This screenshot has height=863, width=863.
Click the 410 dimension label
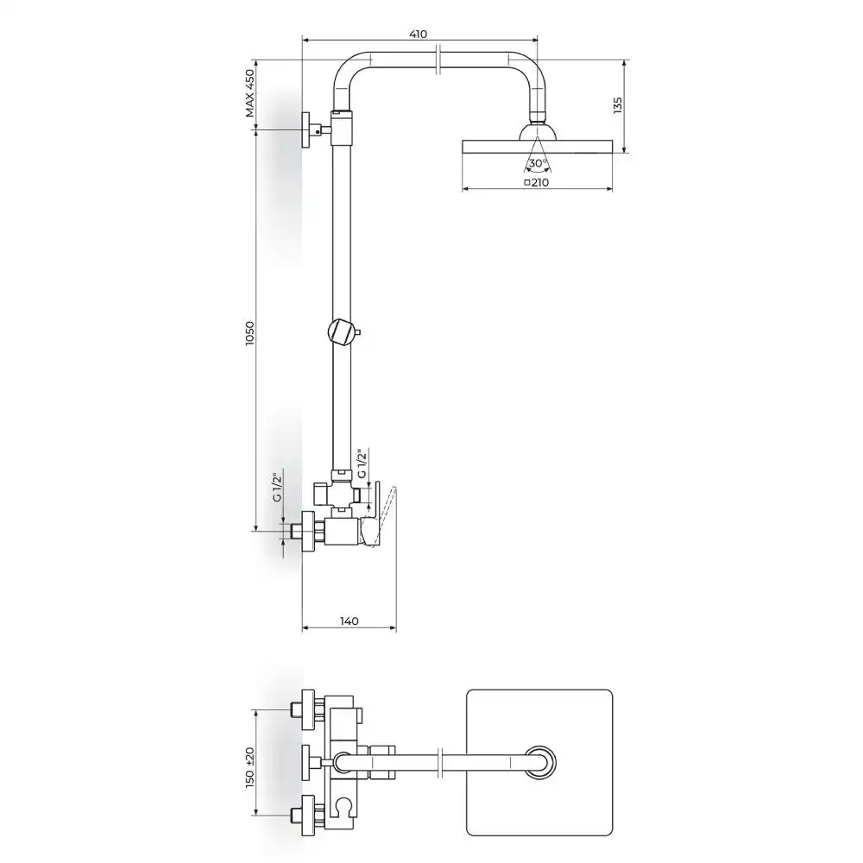(x=419, y=35)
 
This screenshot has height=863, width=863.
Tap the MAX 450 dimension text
(x=250, y=93)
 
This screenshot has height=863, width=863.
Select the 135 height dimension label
(x=618, y=105)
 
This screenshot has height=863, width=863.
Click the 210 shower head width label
(x=537, y=182)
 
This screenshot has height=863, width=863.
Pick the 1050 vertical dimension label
(x=250, y=333)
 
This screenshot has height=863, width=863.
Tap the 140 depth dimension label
(x=349, y=620)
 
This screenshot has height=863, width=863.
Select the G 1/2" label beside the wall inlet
(x=277, y=484)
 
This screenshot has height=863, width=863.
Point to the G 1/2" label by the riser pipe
(x=362, y=464)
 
